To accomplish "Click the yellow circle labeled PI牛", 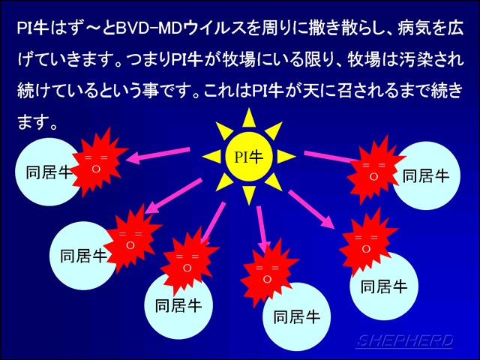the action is pos(248,157).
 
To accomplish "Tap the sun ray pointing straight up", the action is pos(249,118).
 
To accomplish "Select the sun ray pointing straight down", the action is pos(249,195).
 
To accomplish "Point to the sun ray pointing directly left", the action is pos(212,157).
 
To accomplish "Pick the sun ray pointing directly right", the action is pos(286,157).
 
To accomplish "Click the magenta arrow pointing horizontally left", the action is pos(158,154).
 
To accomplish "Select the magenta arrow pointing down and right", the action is pos(311,210).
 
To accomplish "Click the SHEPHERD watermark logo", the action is pos(405,341).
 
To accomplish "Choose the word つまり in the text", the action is pos(146,60).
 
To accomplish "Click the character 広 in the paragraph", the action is pos(455,29).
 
